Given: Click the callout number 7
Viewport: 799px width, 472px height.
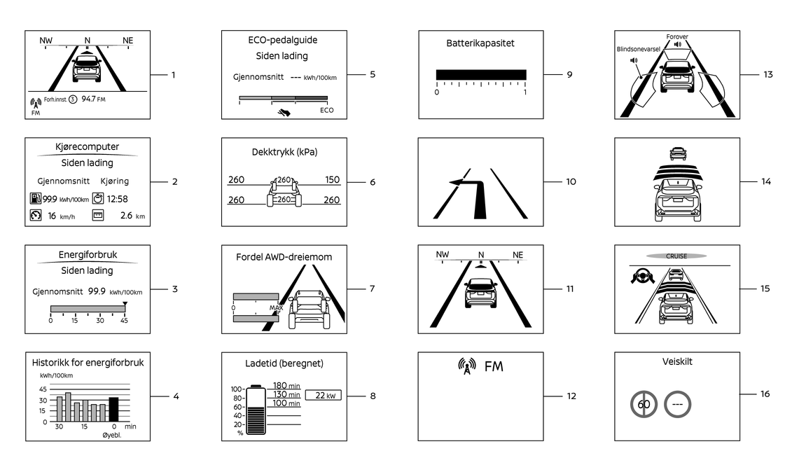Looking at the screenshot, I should coord(373,289).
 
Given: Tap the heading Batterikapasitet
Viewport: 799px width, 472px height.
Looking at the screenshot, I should coord(480,43).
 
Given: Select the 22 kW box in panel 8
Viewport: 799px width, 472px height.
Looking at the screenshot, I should coord(323,396).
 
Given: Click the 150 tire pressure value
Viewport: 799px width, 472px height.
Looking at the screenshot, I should coord(332,180).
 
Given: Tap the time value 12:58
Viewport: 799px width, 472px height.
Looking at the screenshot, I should coord(117,199).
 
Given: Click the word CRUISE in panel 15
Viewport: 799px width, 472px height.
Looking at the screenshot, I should coord(676,256).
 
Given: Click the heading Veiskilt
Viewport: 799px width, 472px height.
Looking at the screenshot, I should coord(676,362).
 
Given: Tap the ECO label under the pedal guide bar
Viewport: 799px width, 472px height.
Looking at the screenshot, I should coord(326,110).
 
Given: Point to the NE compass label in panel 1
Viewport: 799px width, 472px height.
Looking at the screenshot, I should coord(127,41).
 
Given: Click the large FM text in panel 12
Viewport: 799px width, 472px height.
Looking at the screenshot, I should coord(493,366).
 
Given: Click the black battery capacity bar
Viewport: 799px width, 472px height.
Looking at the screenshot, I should coord(481,74).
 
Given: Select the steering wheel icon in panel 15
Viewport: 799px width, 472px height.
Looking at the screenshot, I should coord(641,277).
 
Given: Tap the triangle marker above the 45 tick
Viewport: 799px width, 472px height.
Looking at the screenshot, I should coord(125,304).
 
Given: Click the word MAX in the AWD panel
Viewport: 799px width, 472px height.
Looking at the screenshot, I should coord(276,307).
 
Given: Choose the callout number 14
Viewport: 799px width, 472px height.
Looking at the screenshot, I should coord(766,181).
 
